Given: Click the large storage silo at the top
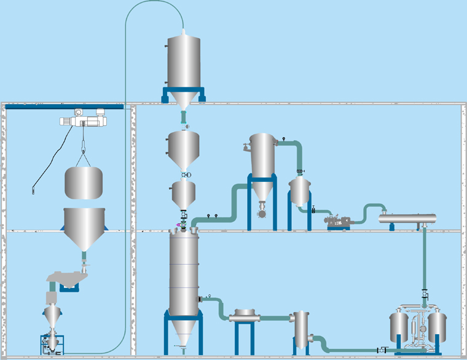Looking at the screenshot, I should (x=183, y=61).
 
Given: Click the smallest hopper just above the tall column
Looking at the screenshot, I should (x=182, y=194).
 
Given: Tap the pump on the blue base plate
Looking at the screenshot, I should (x=339, y=222).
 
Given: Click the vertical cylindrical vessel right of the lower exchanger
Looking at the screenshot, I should (x=301, y=329).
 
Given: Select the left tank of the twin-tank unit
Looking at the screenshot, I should (x=399, y=328).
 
